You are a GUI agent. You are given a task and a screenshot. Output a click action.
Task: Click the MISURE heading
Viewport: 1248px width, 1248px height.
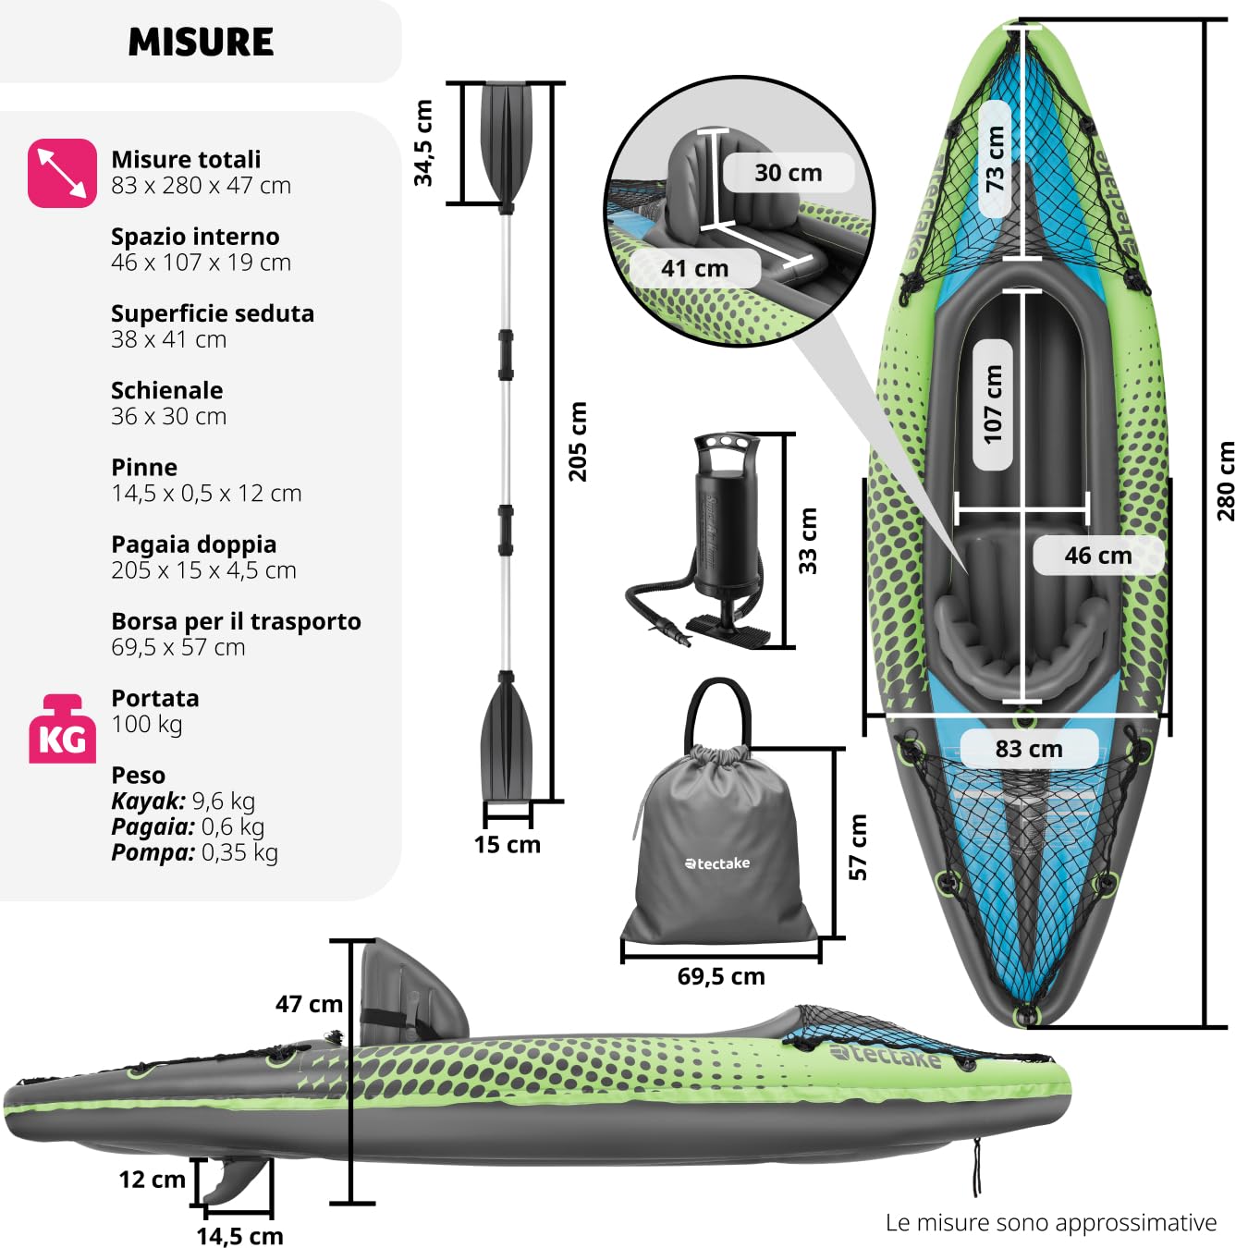(201, 43)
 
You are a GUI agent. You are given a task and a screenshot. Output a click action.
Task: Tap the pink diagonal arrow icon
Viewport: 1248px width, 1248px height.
(62, 173)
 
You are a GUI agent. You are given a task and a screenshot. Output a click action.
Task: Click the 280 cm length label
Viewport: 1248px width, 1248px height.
(1226, 482)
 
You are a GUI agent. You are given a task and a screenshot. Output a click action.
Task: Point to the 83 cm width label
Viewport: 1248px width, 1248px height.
(1029, 749)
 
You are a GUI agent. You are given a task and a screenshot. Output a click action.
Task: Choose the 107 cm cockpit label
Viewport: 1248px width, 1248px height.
(992, 405)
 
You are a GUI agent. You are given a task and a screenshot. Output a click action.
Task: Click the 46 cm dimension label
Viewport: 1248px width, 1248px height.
(1098, 555)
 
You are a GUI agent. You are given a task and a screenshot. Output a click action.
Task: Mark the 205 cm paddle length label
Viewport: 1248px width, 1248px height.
(577, 442)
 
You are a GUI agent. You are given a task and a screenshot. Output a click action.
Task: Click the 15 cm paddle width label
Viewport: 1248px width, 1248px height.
(508, 845)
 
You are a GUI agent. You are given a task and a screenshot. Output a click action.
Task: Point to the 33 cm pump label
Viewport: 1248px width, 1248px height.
(808, 541)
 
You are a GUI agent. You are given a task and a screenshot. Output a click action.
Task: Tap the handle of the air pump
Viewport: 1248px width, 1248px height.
(726, 446)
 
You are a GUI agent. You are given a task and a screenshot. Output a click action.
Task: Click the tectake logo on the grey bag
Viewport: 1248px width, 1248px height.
(717, 863)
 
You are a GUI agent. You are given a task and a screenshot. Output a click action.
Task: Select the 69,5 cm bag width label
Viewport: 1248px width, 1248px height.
(721, 976)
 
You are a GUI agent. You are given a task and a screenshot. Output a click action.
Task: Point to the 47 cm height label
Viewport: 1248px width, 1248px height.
(309, 1004)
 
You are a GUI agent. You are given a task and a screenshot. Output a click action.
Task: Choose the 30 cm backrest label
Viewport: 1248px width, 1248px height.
(789, 172)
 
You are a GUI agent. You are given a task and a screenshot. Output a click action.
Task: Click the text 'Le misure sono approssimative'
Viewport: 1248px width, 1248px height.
(1051, 1223)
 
